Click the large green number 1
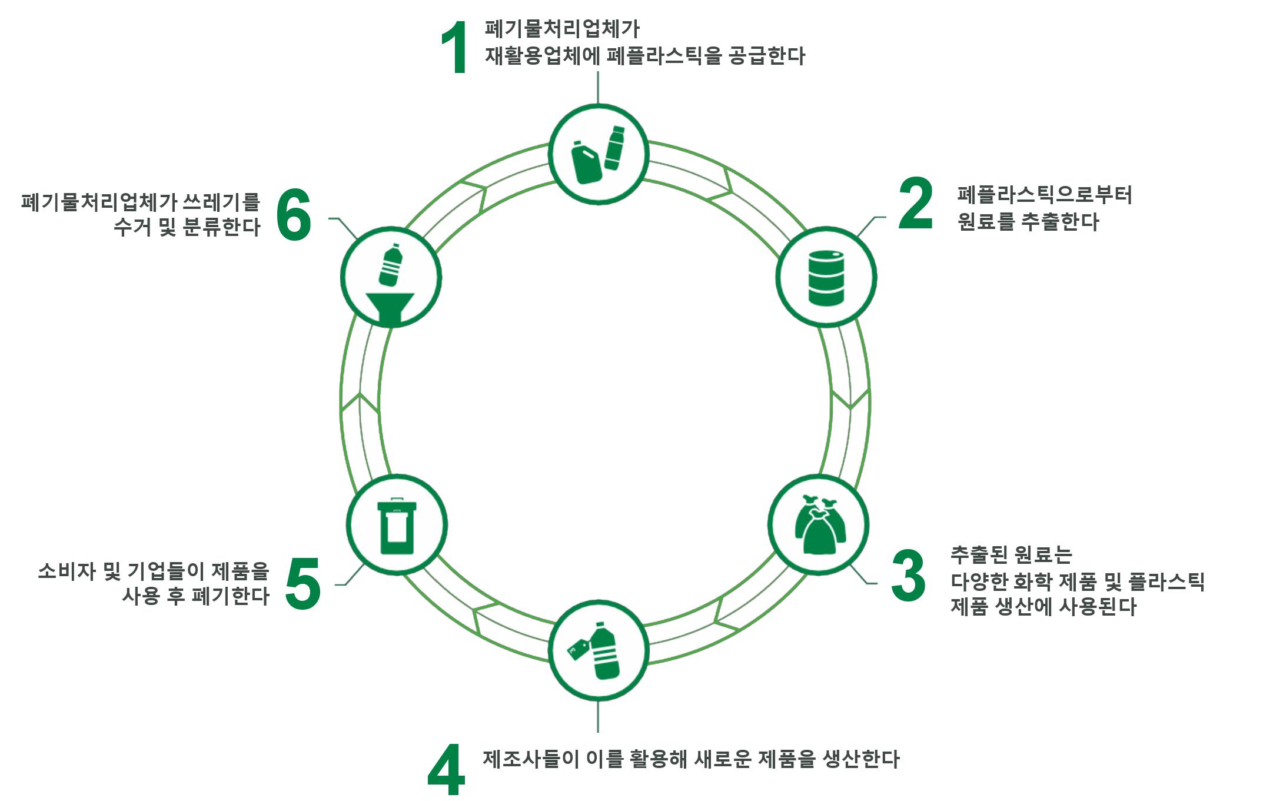tap(455, 48)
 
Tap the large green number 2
tap(916, 204)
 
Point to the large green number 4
tap(446, 769)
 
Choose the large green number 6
tap(293, 215)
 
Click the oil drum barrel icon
tap(826, 278)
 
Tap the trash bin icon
tap(397, 526)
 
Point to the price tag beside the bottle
tap(578, 649)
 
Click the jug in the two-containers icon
tap(587, 163)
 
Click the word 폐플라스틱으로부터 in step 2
tap(1044, 195)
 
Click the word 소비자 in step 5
tap(67, 571)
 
